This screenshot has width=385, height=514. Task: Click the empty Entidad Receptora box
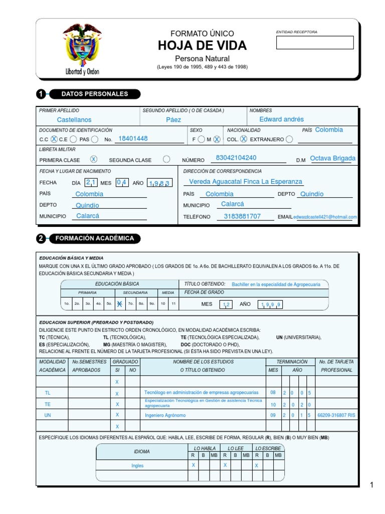coord(315,43)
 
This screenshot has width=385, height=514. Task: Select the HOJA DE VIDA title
coord(202,46)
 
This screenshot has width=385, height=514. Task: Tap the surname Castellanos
coord(74,120)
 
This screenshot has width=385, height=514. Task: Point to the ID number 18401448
coord(133,139)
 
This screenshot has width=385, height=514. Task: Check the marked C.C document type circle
coord(54,140)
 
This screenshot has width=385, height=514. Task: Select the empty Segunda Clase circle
coord(166,159)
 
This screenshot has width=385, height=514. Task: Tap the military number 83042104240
coord(236,158)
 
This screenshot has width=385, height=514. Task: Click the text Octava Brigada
coord(332,158)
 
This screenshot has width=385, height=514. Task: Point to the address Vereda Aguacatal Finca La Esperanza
coord(246,182)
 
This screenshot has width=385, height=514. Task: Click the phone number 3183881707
coord(242,216)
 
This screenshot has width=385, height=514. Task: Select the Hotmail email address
coord(325,217)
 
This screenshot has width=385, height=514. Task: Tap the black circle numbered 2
coord(41,238)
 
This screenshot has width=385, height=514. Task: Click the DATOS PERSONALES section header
coord(94,94)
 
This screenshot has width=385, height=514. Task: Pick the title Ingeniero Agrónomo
coord(165,416)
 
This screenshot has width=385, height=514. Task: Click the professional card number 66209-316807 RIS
coord(337,416)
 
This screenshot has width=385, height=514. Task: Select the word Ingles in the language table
coord(137,466)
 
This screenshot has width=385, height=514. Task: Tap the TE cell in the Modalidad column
coord(48,404)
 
